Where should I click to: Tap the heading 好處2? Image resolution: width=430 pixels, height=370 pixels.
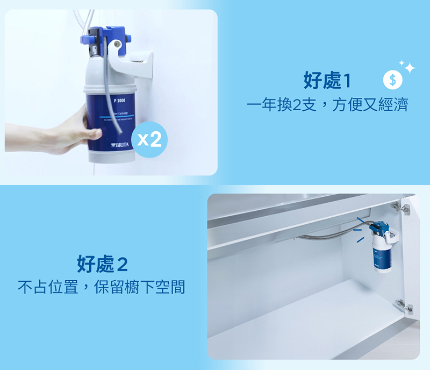[103, 264]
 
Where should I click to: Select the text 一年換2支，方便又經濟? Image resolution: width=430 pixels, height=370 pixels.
[327, 105]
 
